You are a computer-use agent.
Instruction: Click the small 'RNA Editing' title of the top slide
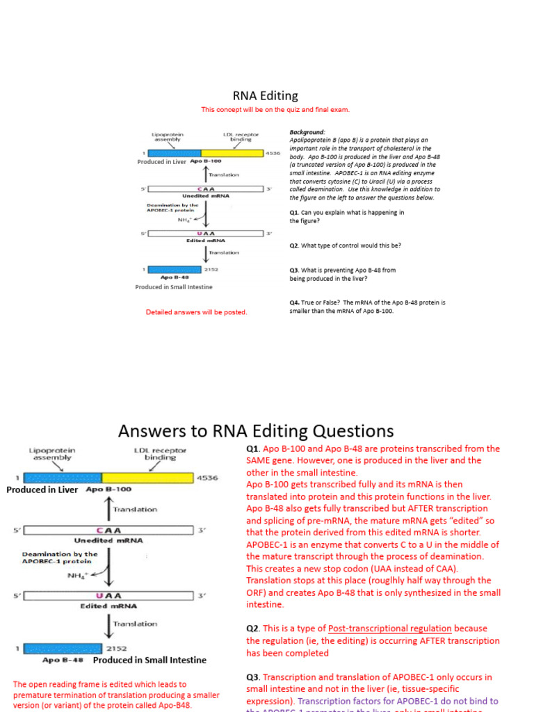pos(265,97)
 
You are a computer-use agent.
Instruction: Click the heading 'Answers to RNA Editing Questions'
pos(256,431)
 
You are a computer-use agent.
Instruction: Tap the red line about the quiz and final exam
pos(275,110)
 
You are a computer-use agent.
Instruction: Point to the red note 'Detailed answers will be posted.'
pos(196,312)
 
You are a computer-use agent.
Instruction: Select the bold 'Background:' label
pos(307,132)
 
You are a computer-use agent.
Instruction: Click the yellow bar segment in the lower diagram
pos(147,478)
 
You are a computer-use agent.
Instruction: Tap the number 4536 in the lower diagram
pos(209,478)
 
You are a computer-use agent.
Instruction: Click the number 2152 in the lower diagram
pos(116,648)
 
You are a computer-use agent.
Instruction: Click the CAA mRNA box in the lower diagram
pos(108,531)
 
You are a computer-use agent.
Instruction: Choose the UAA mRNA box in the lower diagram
pos(108,595)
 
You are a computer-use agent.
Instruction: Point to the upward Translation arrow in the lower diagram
pos(107,509)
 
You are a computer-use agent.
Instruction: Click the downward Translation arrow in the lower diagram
pos(107,624)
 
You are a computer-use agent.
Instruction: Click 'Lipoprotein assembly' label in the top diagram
pos(167,137)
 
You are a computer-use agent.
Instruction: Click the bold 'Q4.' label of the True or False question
pos(295,303)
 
